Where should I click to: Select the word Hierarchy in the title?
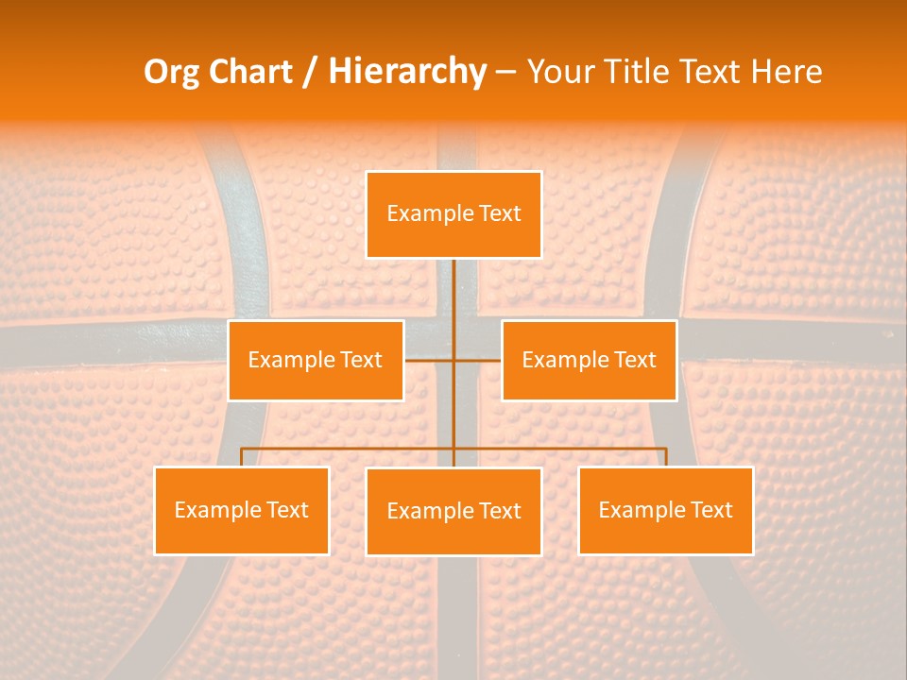point(407,72)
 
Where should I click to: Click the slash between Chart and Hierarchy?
point(310,73)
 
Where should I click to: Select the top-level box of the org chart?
point(453,214)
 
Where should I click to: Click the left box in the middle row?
point(316,360)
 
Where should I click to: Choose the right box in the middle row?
point(589,360)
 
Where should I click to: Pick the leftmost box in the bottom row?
point(241,510)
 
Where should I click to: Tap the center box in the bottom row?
point(453,511)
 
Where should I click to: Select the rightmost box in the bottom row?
point(665,510)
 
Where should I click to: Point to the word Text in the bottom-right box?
point(710,510)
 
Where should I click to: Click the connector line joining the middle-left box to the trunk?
point(428,360)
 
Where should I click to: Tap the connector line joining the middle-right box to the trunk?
point(478,360)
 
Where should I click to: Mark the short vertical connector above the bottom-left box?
point(241,457)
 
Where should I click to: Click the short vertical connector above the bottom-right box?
point(666,457)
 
